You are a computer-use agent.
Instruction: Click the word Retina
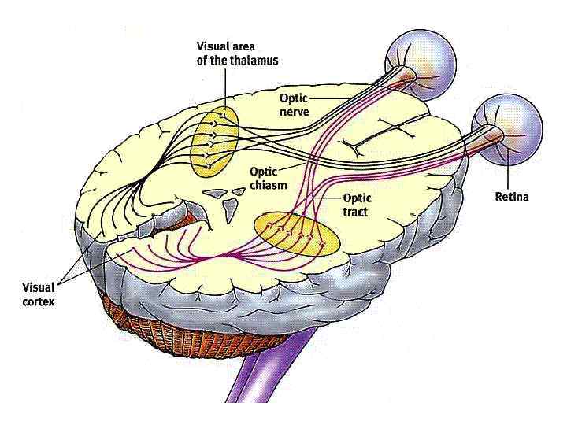coord(512,197)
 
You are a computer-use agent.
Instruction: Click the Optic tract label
coord(356,206)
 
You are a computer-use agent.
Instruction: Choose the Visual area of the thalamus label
coord(237,54)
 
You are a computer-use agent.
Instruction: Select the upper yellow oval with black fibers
coord(214,142)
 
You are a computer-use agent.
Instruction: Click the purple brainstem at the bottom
coord(268,394)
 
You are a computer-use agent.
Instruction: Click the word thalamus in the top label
coord(255,61)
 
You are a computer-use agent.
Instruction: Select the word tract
coord(355,213)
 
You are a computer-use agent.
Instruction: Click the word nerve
coord(294,112)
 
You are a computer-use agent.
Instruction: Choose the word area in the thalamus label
coord(249,47)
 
